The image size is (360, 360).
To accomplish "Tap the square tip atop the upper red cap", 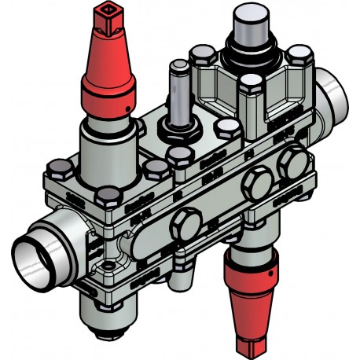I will [106, 15].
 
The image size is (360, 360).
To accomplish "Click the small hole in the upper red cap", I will [125, 104].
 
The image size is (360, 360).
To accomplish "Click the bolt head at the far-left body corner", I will [60, 167].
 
